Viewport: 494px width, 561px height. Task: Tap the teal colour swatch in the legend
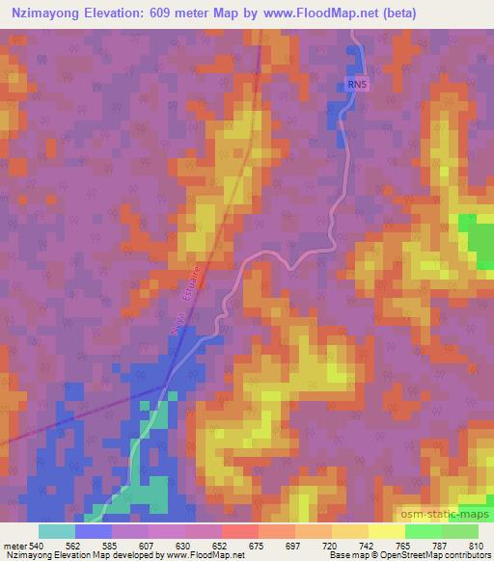(57, 531)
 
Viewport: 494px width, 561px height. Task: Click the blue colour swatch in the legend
(94, 531)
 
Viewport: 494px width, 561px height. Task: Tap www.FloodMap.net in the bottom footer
(188, 555)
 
